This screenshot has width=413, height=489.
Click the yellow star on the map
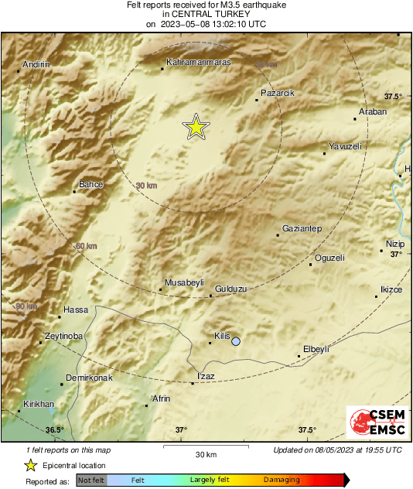click(196, 128)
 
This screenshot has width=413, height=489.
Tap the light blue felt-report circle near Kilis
click(236, 341)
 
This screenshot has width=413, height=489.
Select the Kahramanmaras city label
click(199, 62)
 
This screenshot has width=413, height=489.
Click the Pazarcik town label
click(278, 93)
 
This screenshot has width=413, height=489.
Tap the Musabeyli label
click(183, 283)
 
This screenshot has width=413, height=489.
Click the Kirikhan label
click(39, 405)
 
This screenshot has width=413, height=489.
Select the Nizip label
click(395, 244)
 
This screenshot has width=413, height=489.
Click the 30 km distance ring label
click(146, 186)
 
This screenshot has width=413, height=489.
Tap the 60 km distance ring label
click(87, 246)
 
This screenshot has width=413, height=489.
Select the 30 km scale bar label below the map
click(206, 453)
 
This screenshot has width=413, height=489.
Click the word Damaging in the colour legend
click(282, 480)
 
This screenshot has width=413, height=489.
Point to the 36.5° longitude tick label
click(54, 430)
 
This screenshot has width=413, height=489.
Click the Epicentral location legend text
click(74, 465)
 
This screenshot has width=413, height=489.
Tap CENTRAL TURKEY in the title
click(206, 14)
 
